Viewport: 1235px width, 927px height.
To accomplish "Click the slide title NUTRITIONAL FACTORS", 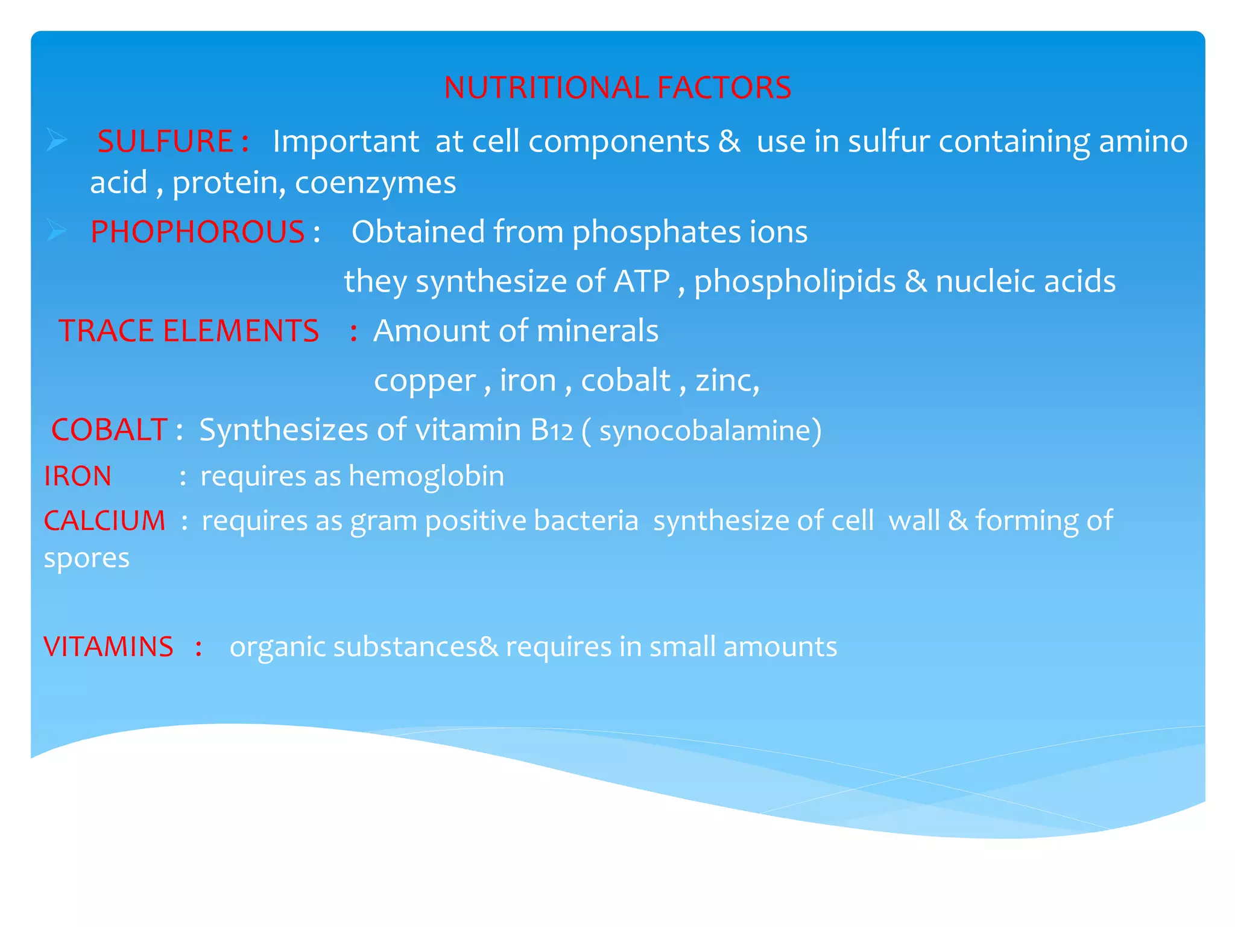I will [617, 88].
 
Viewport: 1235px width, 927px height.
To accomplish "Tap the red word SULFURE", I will [165, 141].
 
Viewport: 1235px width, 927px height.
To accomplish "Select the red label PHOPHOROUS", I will [197, 232].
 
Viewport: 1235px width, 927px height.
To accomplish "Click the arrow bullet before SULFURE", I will [57, 140].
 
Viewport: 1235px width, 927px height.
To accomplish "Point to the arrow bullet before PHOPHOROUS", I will [57, 231].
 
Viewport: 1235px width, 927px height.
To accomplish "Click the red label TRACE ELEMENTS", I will [188, 331].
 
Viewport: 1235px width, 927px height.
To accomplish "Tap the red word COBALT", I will [109, 430].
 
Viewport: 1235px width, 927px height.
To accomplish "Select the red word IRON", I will [77, 476].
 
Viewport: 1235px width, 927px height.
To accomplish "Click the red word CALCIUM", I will [104, 520].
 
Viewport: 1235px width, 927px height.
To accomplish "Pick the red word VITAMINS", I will [109, 646].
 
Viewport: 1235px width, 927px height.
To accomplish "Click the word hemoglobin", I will [426, 476].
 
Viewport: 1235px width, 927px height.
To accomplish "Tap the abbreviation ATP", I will [642, 281].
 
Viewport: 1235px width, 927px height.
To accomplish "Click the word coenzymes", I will [375, 183].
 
